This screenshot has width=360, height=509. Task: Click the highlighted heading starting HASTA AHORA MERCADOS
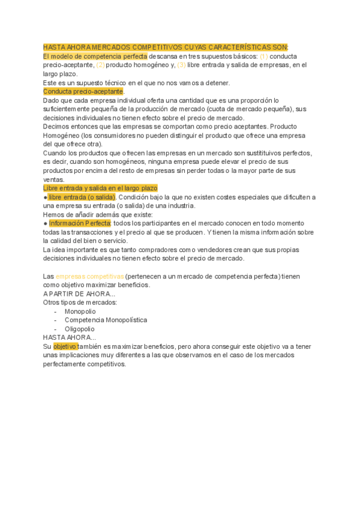pos(166,47)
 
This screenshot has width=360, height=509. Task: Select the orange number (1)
pos(264,56)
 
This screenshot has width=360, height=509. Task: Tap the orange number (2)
pos(100,65)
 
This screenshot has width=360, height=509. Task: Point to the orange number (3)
pos(181,65)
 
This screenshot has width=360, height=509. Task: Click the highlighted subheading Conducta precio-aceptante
pos(83,91)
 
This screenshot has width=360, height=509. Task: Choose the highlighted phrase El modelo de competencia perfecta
pos(95,56)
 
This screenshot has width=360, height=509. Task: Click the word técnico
pos(116,83)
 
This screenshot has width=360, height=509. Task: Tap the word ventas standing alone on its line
pos(53,179)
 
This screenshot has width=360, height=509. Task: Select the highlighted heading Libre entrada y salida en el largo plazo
pos(100,188)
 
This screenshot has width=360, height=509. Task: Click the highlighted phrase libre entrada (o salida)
pos(82,197)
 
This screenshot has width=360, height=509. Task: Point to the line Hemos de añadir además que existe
pos(98,214)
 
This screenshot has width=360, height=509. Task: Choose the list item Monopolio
pos(80,312)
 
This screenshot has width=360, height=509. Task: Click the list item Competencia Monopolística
pos(106,320)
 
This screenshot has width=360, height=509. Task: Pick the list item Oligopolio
pos(79,329)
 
